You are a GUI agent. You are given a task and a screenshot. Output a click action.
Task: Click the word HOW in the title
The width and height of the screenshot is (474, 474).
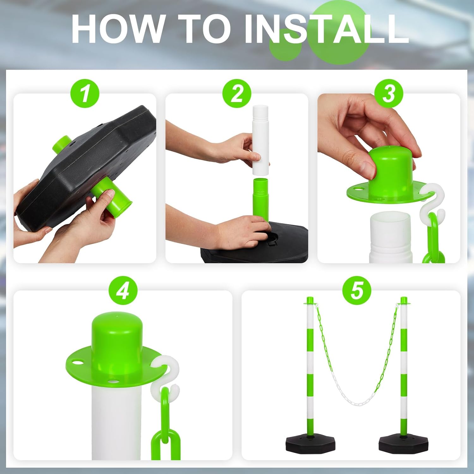pyautogui.click(x=117, y=28)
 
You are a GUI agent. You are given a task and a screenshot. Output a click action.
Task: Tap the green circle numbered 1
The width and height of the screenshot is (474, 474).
pyautogui.click(x=85, y=94)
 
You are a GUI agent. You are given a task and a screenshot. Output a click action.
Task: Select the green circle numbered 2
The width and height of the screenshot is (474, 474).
pyautogui.click(x=237, y=94)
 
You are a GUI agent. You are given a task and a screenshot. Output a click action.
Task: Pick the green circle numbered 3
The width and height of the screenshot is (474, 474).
pyautogui.click(x=389, y=94)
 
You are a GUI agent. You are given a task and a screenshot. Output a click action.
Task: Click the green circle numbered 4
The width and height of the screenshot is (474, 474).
pyautogui.click(x=123, y=291)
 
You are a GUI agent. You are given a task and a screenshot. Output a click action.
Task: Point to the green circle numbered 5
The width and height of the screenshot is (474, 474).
pyautogui.click(x=357, y=291)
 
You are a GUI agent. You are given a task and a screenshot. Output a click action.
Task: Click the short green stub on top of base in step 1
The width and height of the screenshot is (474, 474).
pyautogui.click(x=62, y=144)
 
